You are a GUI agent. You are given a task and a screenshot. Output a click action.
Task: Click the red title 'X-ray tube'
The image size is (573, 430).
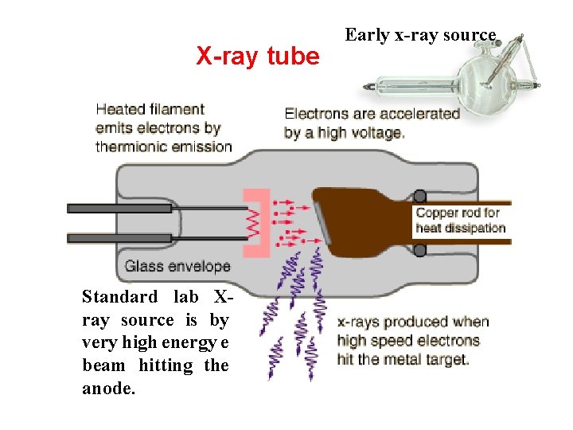pyautogui.click(x=257, y=57)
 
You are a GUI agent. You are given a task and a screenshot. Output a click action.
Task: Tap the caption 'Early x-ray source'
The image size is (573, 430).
pyautogui.click(x=420, y=35)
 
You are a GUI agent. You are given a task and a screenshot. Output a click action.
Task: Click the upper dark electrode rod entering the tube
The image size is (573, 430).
pyautogui.click(x=119, y=209)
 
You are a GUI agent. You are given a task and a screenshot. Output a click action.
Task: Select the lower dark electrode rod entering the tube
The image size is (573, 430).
pyautogui.click(x=119, y=237)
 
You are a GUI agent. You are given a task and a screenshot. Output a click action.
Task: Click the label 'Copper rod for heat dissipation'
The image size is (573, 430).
pyautogui.click(x=460, y=220)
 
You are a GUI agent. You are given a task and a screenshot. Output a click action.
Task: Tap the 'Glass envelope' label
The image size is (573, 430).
pyautogui.click(x=177, y=267)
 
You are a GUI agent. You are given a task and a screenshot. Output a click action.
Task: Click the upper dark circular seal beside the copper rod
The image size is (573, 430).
pyautogui.click(x=419, y=196)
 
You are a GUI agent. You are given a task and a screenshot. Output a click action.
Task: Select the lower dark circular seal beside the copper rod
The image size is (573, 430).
pyautogui.click(x=419, y=251)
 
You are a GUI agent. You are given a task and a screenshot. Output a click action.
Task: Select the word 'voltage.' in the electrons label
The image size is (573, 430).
pyautogui.click(x=376, y=133)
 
